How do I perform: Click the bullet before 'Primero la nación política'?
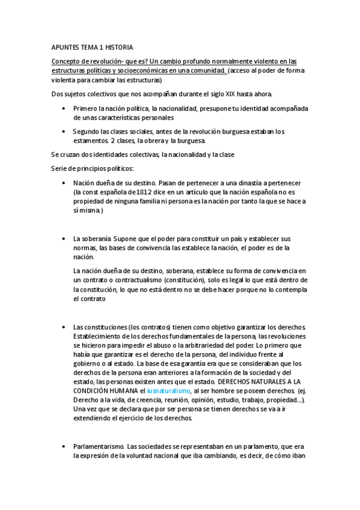pyautogui.click(x=64, y=108)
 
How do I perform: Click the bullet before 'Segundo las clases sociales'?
pyautogui.click(x=64, y=131)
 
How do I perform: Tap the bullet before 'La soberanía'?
pyautogui.click(x=64, y=239)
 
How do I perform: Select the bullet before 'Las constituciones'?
pyautogui.click(x=64, y=326)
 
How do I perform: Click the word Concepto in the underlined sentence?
pyautogui.click(x=69, y=62)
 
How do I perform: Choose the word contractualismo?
pyautogui.click(x=139, y=280)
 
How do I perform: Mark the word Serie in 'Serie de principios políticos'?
pyautogui.click(x=60, y=168)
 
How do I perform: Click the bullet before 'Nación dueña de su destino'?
pyautogui.click(x=64, y=182)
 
